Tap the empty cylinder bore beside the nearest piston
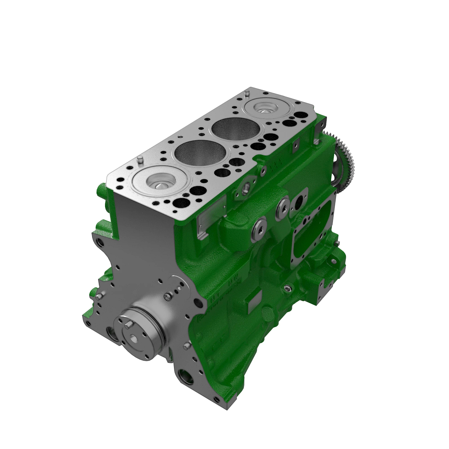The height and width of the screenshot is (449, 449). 201,153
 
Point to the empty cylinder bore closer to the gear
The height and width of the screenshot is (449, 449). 236,129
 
